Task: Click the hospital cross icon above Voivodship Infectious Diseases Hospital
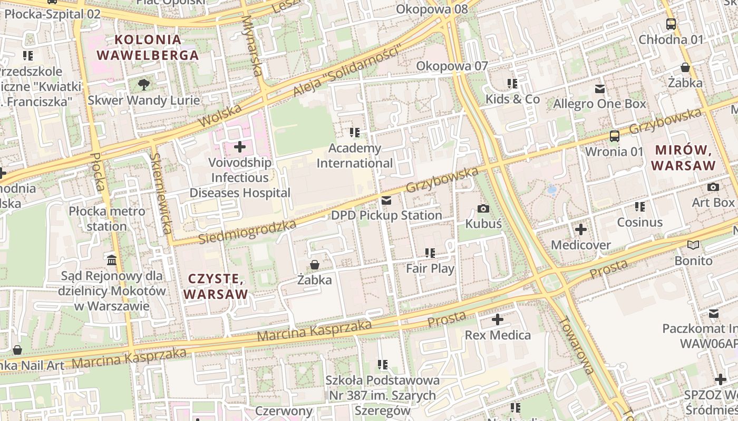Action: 240,147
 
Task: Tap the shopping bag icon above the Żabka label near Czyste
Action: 315,264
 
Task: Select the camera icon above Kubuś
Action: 483,208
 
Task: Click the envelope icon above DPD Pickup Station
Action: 386,200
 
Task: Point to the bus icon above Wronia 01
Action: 614,136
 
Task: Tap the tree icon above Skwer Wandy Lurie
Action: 143,84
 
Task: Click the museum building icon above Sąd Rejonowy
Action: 112,260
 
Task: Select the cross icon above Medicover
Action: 580,229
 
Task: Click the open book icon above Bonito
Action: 693,245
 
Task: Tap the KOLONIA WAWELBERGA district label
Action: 148,47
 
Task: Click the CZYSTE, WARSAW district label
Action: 216,286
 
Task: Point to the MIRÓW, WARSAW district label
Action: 683,157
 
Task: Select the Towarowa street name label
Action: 577,345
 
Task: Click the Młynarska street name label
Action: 251,45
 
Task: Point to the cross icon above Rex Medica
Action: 497,319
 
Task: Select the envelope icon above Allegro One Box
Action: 599,88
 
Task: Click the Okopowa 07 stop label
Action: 452,66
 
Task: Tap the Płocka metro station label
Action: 107,218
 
